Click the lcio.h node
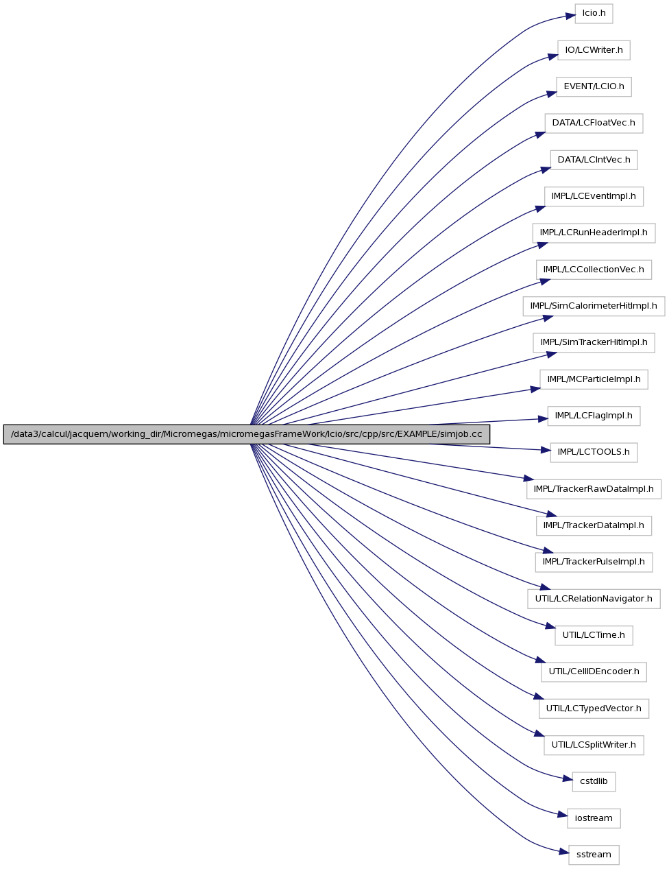(594, 14)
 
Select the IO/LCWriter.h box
(594, 50)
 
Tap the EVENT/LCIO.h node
(594, 87)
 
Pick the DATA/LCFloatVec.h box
(594, 123)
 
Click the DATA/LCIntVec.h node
(594, 160)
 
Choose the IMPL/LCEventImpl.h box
(594, 196)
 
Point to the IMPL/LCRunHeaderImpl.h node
(594, 233)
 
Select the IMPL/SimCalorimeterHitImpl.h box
(594, 307)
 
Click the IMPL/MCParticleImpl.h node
(594, 379)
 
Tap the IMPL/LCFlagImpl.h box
(594, 416)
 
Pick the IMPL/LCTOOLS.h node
(594, 452)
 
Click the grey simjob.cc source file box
(247, 434)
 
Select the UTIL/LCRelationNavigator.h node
(594, 599)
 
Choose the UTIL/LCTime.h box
(594, 635)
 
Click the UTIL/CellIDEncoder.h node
(594, 672)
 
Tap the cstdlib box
(594, 782)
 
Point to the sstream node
(594, 855)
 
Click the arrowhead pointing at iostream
(562, 816)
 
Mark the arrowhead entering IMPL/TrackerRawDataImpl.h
(528, 478)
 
